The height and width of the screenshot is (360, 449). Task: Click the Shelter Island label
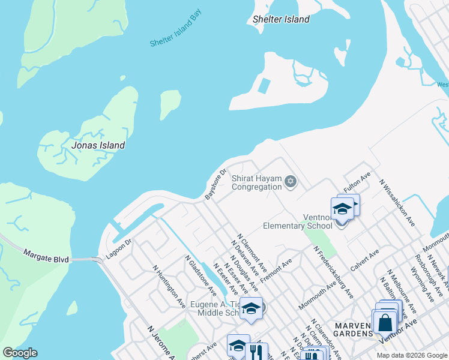[281, 19]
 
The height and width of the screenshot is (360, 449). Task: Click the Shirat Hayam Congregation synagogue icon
[291, 181]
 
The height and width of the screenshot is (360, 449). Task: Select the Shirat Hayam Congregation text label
[256, 182]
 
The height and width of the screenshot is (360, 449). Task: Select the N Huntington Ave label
[169, 287]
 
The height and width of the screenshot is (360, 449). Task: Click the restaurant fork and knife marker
[256, 350]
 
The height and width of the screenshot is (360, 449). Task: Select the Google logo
[20, 353]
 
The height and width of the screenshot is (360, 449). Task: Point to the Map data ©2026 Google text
[411, 355]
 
